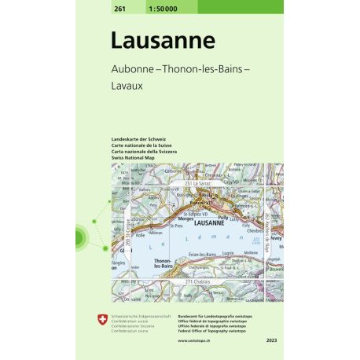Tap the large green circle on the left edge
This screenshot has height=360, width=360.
[81, 236]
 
